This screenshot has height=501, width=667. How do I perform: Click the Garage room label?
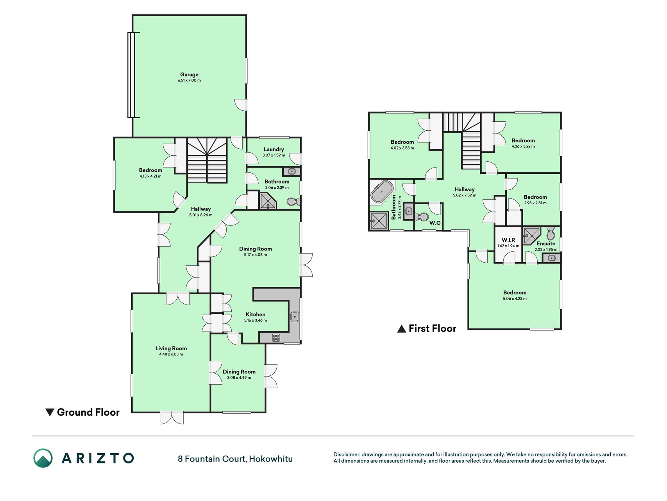point(189,74)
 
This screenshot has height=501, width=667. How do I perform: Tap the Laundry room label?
point(274,149)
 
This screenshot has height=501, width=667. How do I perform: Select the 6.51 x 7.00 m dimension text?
point(189,81)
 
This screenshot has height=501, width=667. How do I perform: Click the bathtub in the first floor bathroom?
point(382,191)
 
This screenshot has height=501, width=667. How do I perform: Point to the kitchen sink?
point(295,317)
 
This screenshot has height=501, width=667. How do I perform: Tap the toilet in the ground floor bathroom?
point(293,202)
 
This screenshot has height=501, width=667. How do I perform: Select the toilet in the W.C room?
point(422,216)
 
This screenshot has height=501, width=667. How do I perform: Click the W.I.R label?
point(508,240)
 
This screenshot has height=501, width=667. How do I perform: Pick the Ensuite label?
point(546,243)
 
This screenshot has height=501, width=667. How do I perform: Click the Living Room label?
point(171,348)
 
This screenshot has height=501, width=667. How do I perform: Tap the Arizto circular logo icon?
point(43,458)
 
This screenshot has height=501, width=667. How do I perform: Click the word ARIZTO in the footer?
point(98,458)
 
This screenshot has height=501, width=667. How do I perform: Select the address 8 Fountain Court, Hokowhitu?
point(235,459)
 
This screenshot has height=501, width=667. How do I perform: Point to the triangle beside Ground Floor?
point(50,412)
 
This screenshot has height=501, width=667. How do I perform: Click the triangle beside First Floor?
point(401,329)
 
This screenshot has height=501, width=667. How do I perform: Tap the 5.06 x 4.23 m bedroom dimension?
point(515,299)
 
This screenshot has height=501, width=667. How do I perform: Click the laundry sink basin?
point(291,171)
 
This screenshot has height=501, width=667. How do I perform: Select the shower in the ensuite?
point(531,235)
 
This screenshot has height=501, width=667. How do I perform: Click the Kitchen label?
point(256,314)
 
